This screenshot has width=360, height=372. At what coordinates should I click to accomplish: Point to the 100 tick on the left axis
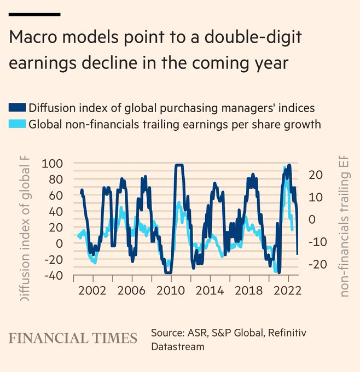56,164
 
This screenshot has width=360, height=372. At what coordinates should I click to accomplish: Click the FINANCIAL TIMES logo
72,338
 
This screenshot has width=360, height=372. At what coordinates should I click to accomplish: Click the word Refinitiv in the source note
277,333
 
